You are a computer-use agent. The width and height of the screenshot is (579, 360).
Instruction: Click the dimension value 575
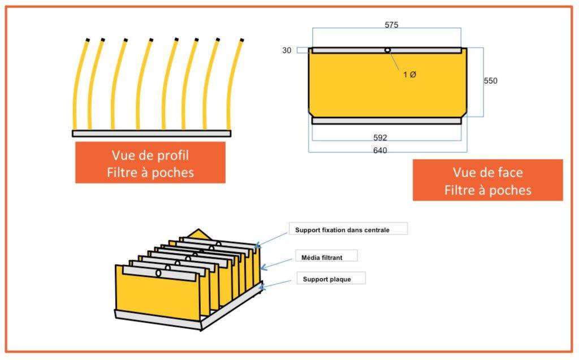(x=391, y=25)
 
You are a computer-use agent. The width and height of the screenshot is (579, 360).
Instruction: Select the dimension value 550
(x=490, y=81)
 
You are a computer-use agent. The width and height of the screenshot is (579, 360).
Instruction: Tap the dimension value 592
(x=380, y=138)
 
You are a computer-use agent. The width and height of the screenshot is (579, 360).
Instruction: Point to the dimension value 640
(x=380, y=150)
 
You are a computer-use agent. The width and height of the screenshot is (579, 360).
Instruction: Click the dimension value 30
(x=287, y=51)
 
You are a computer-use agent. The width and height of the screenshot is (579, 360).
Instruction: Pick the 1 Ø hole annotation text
(x=409, y=75)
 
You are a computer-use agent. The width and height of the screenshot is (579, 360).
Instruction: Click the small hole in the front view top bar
(x=387, y=50)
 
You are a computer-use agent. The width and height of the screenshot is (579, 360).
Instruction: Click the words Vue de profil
(x=150, y=155)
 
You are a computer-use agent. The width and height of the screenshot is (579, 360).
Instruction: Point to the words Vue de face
(x=487, y=173)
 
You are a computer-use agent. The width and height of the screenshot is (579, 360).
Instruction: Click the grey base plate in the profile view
(x=152, y=133)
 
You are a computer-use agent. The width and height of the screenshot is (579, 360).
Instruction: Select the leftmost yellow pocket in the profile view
(x=79, y=85)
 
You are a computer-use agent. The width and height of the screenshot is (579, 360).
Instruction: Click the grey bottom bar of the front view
(x=387, y=120)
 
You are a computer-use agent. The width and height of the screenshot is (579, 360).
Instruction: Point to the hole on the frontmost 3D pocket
(x=158, y=273)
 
